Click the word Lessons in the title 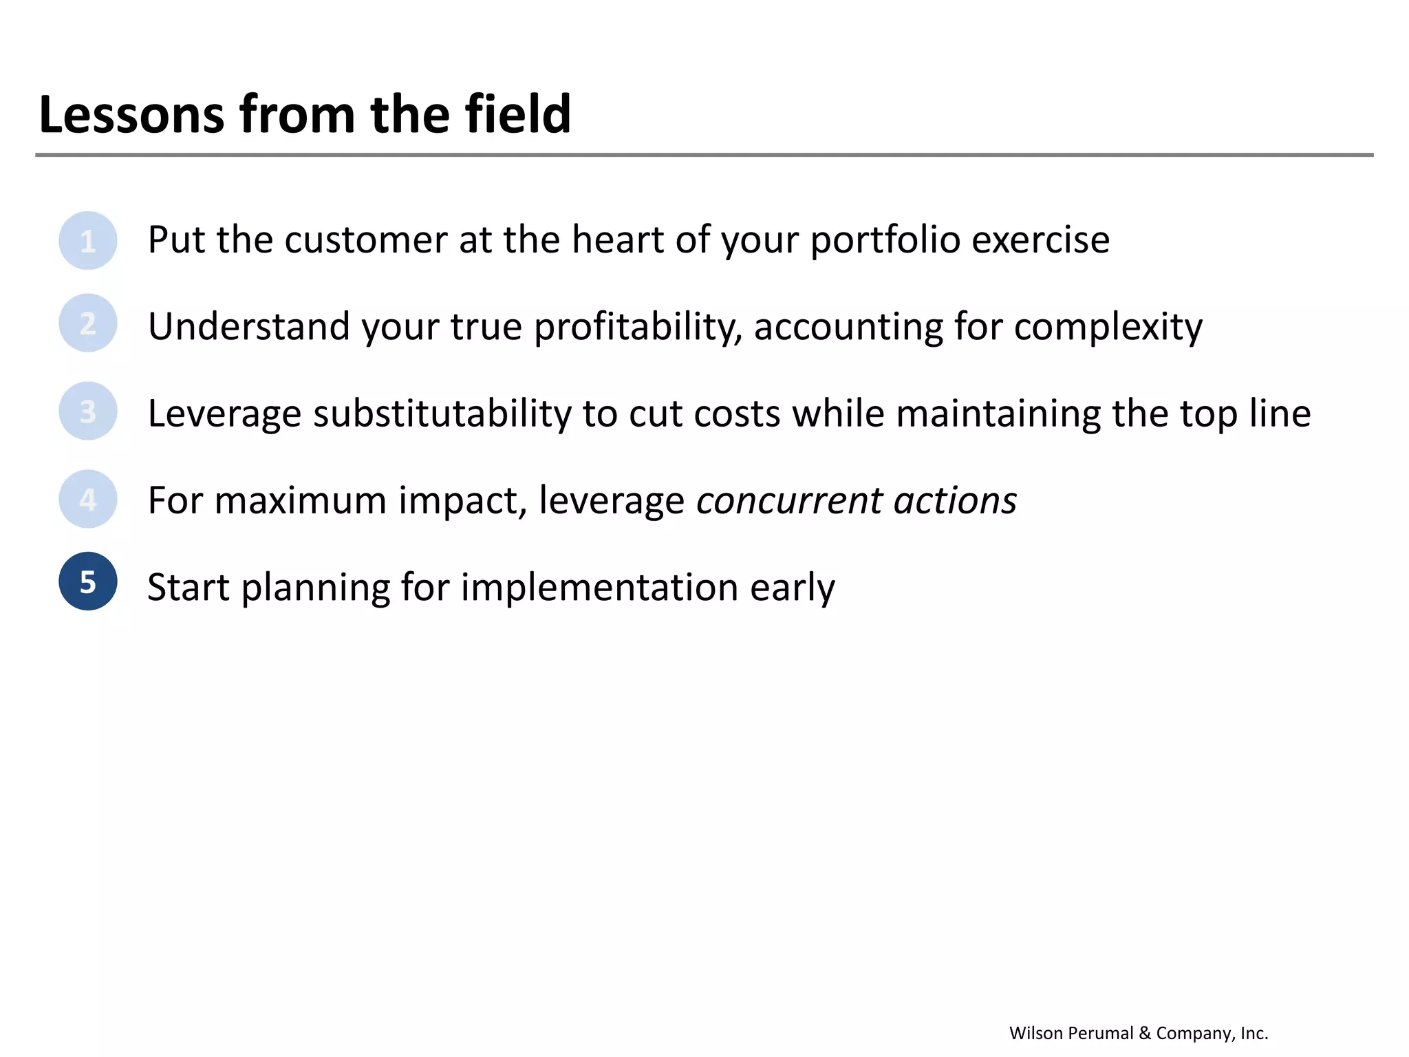pyautogui.click(x=131, y=114)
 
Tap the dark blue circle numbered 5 pyautogui.click(x=88, y=581)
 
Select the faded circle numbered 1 pyautogui.click(x=88, y=241)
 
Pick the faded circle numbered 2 pyautogui.click(x=88, y=323)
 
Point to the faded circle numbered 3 pyautogui.click(x=88, y=412)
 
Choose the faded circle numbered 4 pyautogui.click(x=88, y=499)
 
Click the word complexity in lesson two pyautogui.click(x=1108, y=327)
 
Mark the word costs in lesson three pyautogui.click(x=737, y=414)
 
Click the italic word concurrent pyautogui.click(x=788, y=501)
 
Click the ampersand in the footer pyautogui.click(x=1145, y=1033)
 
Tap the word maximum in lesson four pyautogui.click(x=301, y=501)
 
